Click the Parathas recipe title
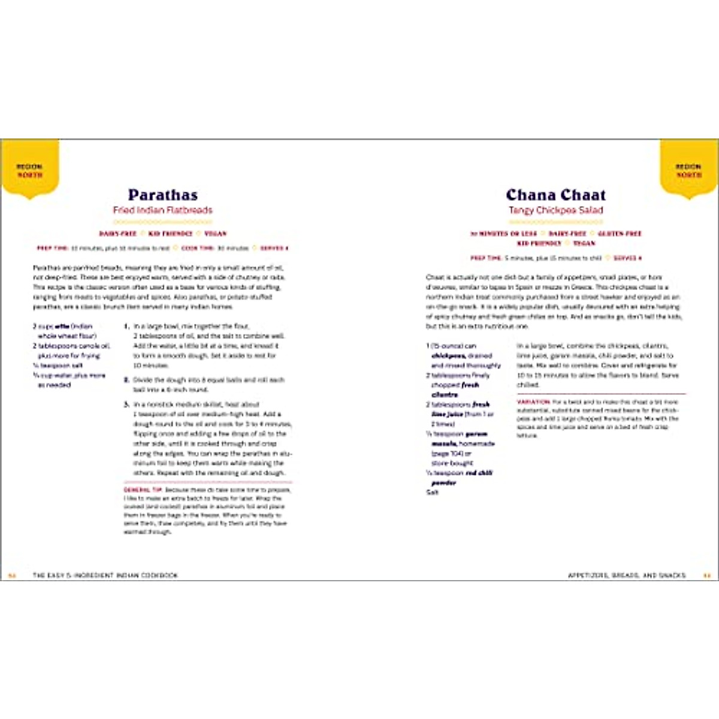[162, 195]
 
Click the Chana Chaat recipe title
[555, 195]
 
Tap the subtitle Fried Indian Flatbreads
[162, 210]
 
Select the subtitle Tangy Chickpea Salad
[555, 210]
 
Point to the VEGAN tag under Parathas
[215, 234]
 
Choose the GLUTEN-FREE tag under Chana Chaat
[619, 234]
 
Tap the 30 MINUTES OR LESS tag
[503, 234]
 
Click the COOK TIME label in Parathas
[198, 248]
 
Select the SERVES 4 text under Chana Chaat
[627, 258]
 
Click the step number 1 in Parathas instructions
[126, 327]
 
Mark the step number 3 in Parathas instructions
[126, 404]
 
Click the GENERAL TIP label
[143, 490]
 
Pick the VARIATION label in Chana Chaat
[533, 401]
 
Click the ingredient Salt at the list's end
[432, 493]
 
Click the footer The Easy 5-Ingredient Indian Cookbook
[105, 575]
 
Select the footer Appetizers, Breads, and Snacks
[626, 575]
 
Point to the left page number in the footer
[11, 575]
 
